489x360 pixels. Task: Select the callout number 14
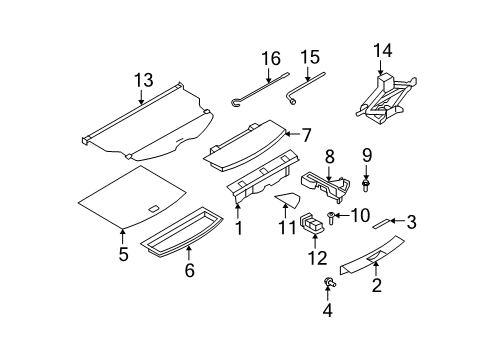[x=383, y=52]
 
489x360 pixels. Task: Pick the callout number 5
[x=123, y=254]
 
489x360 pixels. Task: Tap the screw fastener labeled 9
[x=367, y=185]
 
